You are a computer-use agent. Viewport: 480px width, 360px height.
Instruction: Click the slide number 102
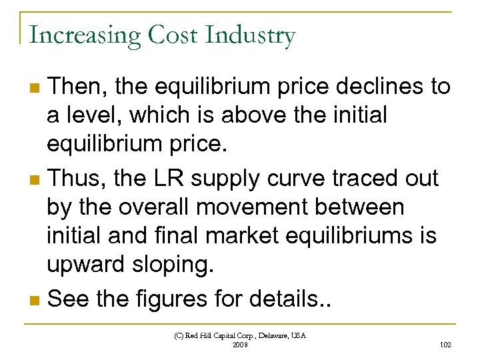pos(446,345)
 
